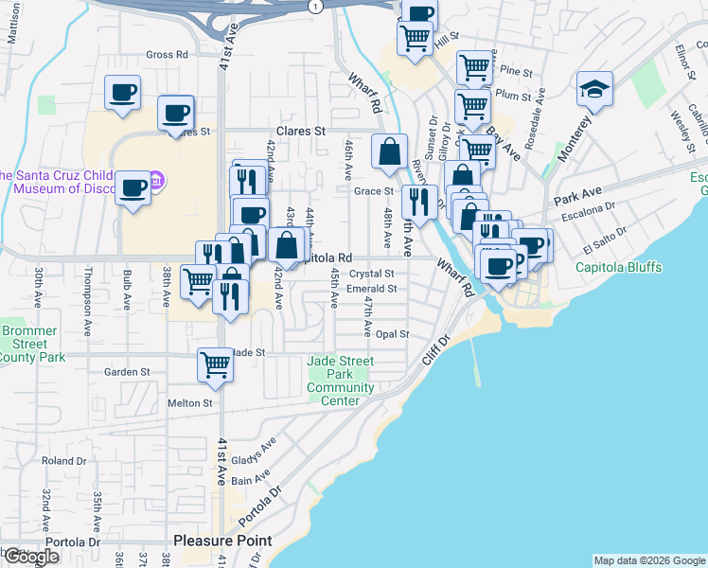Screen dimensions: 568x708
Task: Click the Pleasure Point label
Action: (x=222, y=541)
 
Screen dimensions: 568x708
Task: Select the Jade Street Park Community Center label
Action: (x=340, y=381)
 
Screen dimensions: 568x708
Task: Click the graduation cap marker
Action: (x=593, y=90)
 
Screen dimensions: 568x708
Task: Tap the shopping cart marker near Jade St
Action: (x=215, y=364)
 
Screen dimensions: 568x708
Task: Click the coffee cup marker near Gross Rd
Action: (x=122, y=93)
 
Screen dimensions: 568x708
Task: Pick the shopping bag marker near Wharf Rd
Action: (x=389, y=151)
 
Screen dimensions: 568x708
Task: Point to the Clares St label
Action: (x=300, y=131)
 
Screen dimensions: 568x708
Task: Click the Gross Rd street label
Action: (x=168, y=55)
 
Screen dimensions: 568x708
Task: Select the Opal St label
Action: (x=391, y=334)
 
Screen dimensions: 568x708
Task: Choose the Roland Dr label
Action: (x=63, y=461)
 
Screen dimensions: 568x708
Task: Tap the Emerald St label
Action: (x=371, y=289)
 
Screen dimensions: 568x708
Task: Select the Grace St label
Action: (x=374, y=191)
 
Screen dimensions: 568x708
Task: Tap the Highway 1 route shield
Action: (x=315, y=6)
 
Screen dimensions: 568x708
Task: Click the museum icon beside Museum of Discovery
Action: (x=158, y=180)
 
